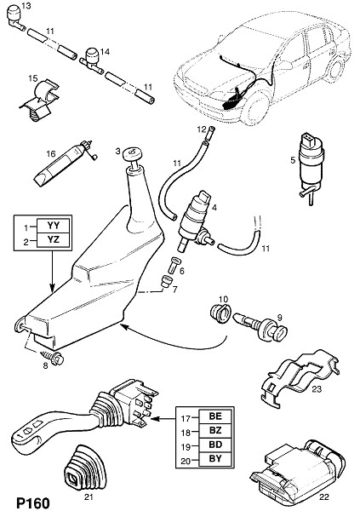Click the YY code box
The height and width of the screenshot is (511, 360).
[x=54, y=225]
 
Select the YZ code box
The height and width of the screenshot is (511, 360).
[x=54, y=240]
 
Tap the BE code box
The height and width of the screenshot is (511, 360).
[x=215, y=416]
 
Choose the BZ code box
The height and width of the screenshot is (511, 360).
[x=215, y=430]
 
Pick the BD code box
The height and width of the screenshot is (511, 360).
[x=215, y=445]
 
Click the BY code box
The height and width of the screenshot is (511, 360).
[x=215, y=459]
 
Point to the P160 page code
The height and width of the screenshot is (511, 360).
[x=33, y=502]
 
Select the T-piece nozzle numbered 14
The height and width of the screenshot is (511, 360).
[x=92, y=60]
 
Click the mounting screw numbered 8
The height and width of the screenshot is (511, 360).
[x=53, y=357]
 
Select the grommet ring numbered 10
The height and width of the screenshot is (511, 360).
[x=219, y=313]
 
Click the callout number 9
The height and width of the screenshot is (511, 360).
[x=279, y=317]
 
